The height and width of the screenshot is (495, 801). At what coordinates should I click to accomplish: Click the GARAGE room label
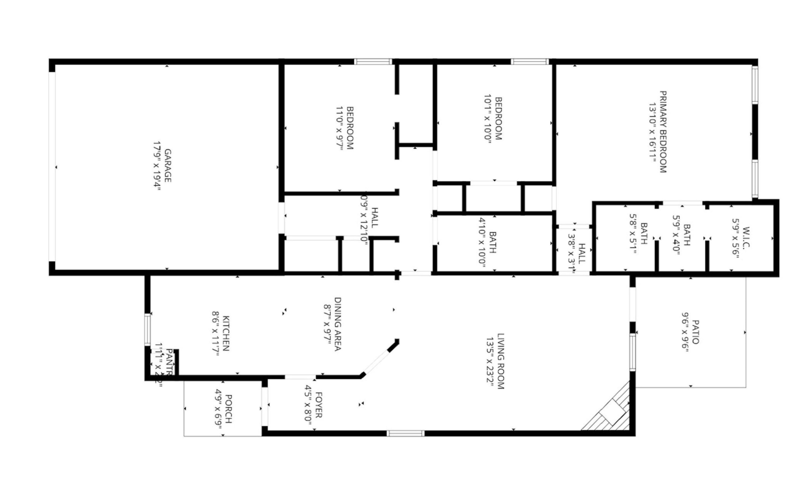[x=167, y=166]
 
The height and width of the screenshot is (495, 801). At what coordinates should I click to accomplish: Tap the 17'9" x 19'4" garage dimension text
[x=157, y=166]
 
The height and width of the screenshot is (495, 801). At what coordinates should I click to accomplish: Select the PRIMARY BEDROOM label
[x=663, y=132]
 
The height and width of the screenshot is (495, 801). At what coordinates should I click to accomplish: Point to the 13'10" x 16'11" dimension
[x=652, y=132]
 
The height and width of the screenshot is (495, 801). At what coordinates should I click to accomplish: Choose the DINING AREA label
[x=337, y=324]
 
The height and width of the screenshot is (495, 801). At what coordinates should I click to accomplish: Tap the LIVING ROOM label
[x=501, y=361]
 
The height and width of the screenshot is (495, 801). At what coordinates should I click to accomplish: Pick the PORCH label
[x=229, y=409]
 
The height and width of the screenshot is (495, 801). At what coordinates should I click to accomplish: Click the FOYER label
[x=318, y=405]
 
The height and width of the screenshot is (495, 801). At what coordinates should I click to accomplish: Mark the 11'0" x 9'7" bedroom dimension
[x=339, y=128]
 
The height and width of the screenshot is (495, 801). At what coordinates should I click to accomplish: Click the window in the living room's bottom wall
[x=405, y=434]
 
